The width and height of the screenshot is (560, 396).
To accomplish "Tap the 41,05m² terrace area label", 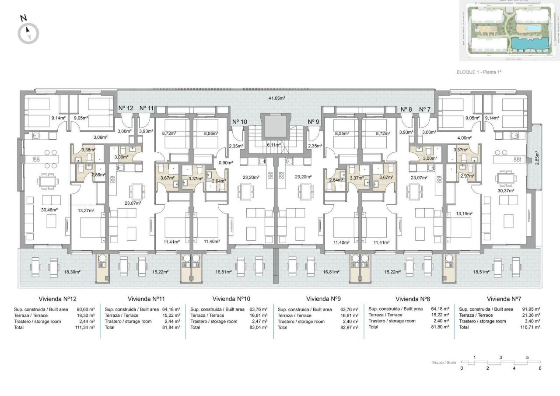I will point(276,98).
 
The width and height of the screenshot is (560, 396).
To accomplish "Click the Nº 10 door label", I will point(240,122).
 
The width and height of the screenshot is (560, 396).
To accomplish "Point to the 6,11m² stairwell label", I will point(274,144).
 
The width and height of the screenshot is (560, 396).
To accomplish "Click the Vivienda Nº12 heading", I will point(58,299).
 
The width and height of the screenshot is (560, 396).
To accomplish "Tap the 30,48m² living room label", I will point(49,210).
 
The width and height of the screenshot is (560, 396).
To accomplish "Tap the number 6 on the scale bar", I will point(540,368).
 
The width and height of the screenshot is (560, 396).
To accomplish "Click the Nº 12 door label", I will point(126,108).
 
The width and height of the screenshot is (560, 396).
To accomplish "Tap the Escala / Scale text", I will point(444,363).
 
